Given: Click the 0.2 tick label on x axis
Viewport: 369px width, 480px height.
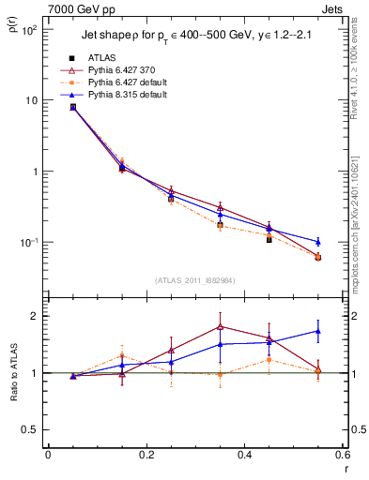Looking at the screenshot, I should point(146,457).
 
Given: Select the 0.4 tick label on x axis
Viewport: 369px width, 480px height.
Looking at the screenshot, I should point(244,457).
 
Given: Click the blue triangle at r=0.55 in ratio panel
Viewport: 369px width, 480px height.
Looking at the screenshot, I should point(318,331).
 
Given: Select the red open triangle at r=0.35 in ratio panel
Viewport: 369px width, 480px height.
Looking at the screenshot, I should point(220,326).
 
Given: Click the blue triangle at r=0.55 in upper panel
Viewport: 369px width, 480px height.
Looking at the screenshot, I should point(318,242).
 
